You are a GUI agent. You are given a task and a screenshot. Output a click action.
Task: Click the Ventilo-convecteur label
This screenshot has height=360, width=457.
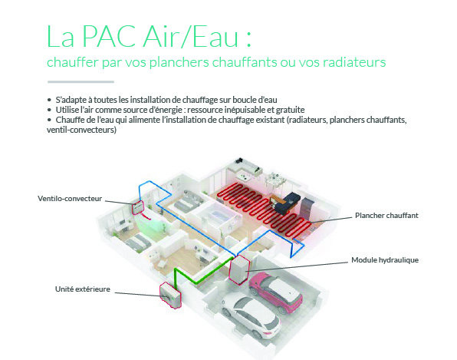tap(70, 199)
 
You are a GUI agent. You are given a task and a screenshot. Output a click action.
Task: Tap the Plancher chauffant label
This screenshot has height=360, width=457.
tap(386, 216)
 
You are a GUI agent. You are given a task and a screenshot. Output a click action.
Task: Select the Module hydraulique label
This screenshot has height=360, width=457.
tap(385, 260)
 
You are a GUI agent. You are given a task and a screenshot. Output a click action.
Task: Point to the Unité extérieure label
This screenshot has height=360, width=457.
tap(83, 289)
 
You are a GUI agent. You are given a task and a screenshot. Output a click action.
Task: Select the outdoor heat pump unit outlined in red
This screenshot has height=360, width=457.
tap(170, 295)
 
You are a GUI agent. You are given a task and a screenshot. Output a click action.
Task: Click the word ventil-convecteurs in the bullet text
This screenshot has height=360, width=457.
tap(81, 130)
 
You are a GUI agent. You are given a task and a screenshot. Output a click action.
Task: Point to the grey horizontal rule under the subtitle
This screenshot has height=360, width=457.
tap(81, 82)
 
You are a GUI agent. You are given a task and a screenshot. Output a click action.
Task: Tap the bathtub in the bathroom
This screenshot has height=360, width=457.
tap(219, 215)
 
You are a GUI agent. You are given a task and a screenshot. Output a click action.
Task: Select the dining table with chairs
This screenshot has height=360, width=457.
tap(274, 181)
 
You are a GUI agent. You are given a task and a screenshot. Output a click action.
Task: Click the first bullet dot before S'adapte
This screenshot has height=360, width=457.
tap(49, 100)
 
